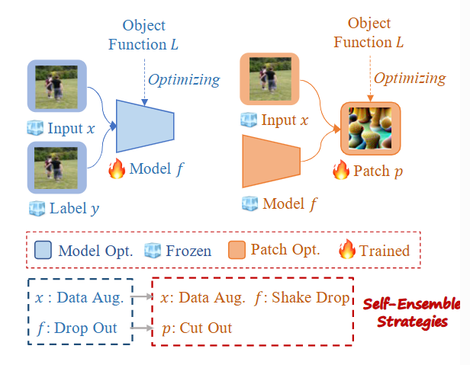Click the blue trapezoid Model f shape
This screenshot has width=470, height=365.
click(146, 125)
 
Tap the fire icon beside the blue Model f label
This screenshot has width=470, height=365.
click(117, 168)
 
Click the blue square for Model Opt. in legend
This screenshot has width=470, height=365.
click(43, 249)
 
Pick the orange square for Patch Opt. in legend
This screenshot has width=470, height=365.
click(236, 249)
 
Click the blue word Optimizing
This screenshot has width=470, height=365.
click(184, 79)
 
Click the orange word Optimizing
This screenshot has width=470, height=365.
click(410, 78)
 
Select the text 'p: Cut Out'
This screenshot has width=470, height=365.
click(196, 328)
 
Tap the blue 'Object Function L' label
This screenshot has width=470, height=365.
click(143, 34)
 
